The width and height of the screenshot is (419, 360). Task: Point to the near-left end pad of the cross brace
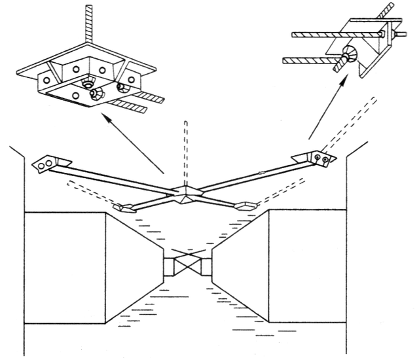click(x=124, y=208)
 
